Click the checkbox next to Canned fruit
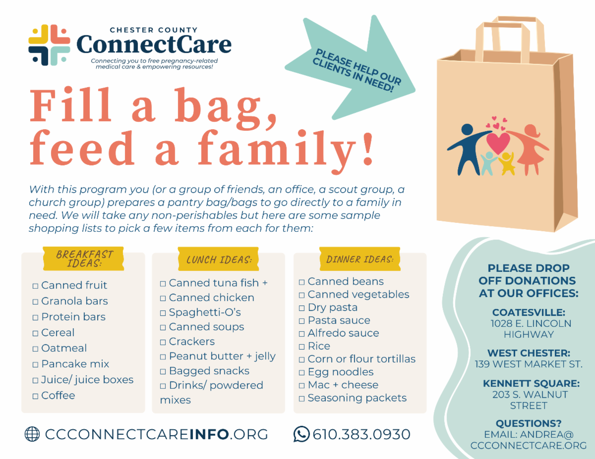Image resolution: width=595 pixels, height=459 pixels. point(35,286)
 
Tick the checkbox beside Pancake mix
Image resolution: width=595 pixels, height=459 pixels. point(35,365)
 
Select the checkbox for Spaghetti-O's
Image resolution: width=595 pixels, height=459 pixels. point(163,313)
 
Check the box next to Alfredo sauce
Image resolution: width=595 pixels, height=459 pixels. point(302,334)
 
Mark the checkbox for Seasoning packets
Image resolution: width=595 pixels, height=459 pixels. point(302,399)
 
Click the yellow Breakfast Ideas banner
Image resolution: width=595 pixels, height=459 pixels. point(83,258)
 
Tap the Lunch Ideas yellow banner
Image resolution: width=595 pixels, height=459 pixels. point(219,259)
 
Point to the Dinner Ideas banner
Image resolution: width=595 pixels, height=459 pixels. point(360,259)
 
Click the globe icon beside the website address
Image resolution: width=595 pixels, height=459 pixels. point(32,434)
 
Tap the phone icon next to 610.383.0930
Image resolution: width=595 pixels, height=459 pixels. point(301,434)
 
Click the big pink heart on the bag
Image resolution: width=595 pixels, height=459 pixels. point(498,143)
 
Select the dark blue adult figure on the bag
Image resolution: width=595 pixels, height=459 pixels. point(466,149)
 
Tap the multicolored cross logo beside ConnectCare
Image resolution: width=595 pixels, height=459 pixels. point(49,45)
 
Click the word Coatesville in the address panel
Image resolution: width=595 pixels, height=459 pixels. point(529,312)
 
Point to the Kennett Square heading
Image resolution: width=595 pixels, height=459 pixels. point(531,383)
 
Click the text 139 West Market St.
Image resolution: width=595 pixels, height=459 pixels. point(529,364)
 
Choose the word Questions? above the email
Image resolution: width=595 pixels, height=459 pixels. point(529,423)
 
